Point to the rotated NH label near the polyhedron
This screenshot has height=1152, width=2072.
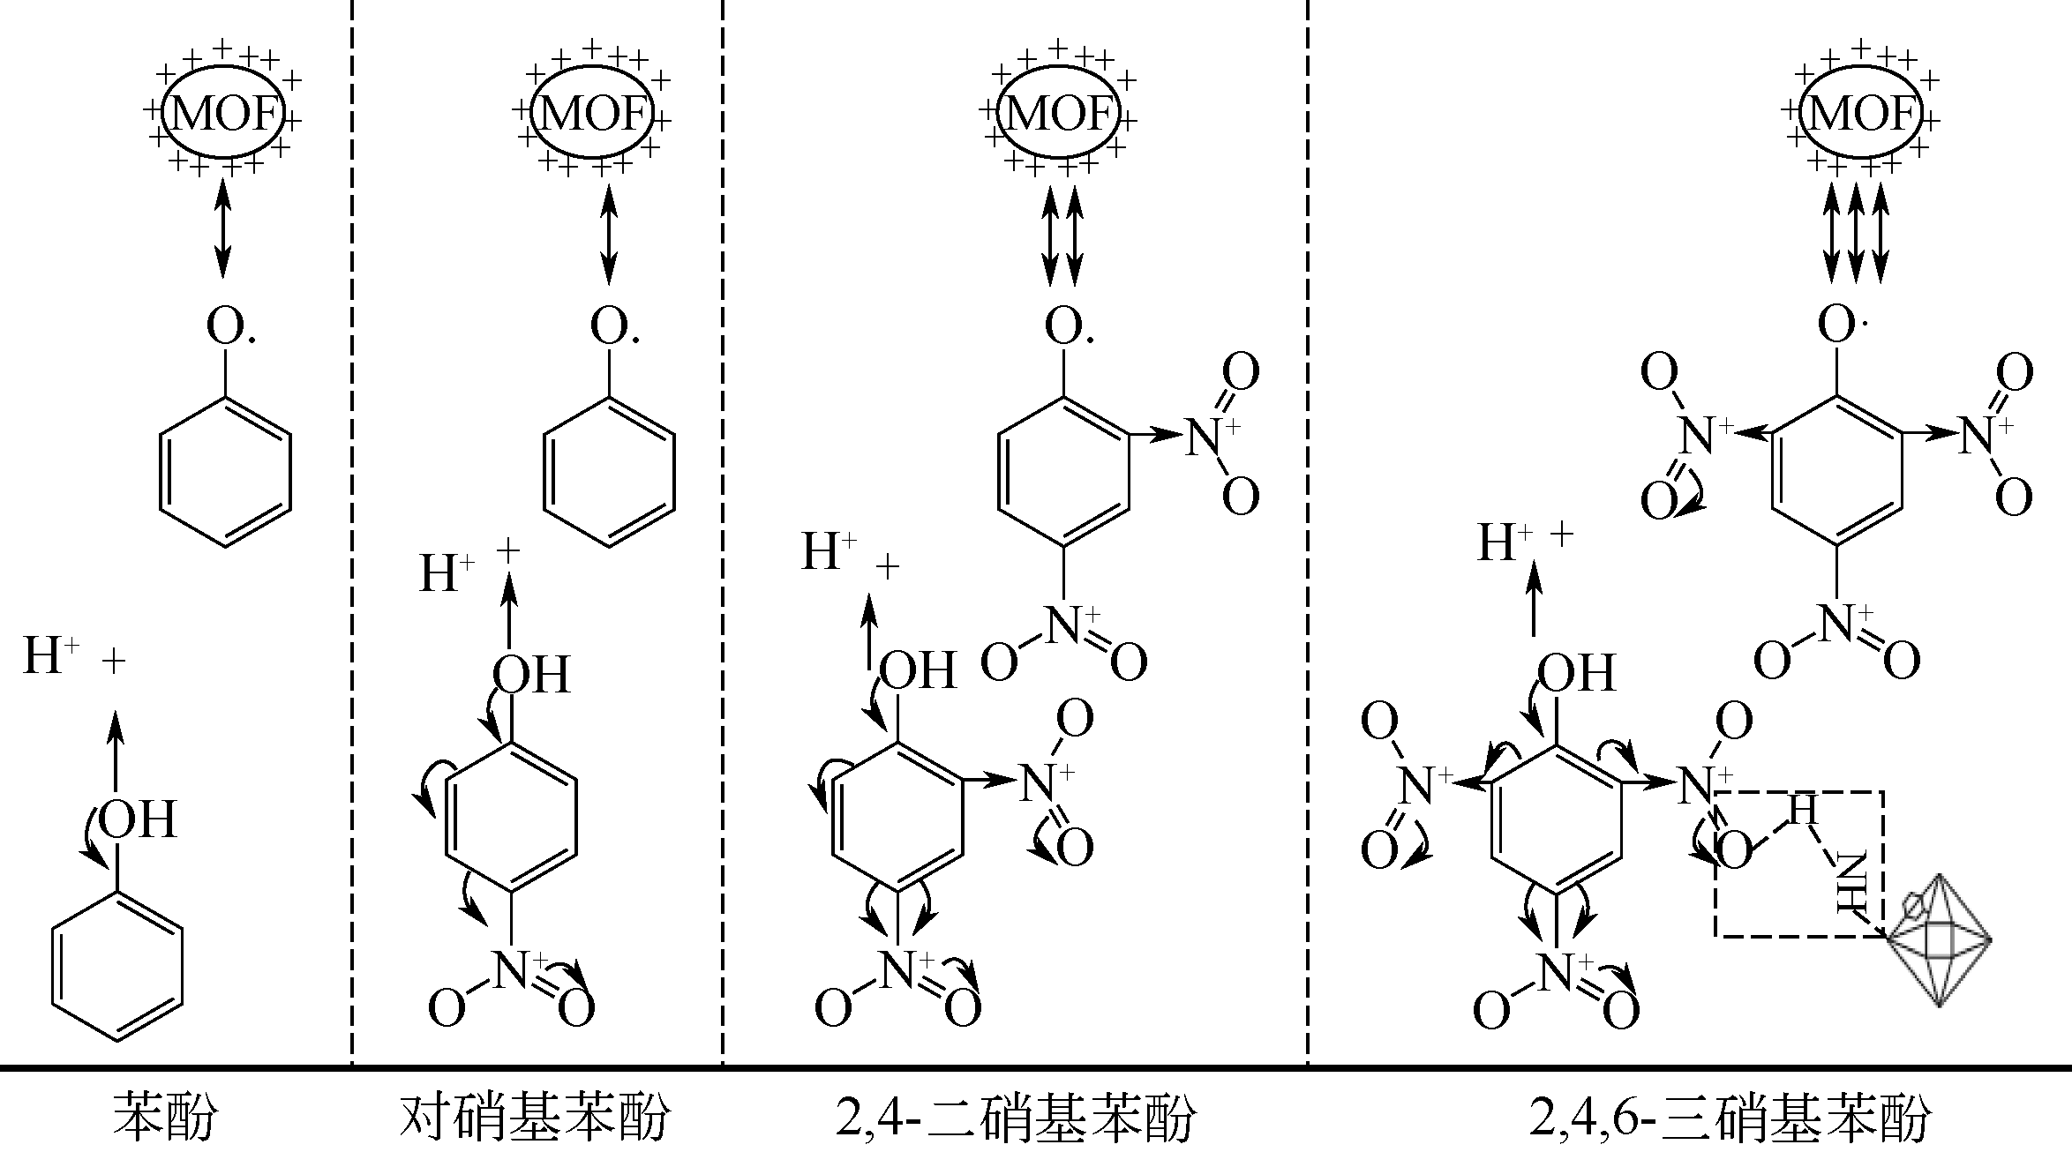pyautogui.click(x=1851, y=882)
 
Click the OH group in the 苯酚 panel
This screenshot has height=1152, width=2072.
pyautogui.click(x=138, y=819)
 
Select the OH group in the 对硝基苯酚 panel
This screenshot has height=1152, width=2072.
pyautogui.click(x=531, y=675)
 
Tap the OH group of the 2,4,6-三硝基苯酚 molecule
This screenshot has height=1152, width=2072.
pyautogui.click(x=1576, y=673)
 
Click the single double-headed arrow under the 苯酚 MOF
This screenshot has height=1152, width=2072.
pyautogui.click(x=223, y=227)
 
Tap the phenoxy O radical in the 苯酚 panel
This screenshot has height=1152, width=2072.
pyautogui.click(x=230, y=325)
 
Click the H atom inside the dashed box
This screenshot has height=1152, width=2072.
pyautogui.click(x=1803, y=809)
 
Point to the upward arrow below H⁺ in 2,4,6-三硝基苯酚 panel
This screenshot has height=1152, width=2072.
pyautogui.click(x=1534, y=600)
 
